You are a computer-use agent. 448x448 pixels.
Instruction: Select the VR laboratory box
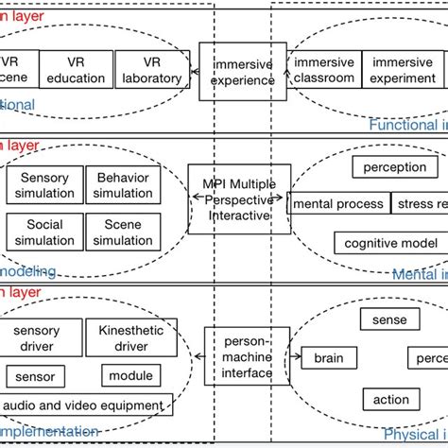coord(151,71)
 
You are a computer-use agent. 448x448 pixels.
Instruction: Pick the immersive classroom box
coord(324,71)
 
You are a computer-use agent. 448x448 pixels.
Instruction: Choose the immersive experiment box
coord(403,71)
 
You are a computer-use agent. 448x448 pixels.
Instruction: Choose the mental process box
coord(338,203)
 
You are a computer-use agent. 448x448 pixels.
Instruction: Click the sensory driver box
coord(38,337)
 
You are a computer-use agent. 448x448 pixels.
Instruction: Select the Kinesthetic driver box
coord(130,337)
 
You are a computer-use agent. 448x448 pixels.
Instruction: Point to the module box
coord(130,376)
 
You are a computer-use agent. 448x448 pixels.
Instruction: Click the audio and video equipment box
coord(84,405)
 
